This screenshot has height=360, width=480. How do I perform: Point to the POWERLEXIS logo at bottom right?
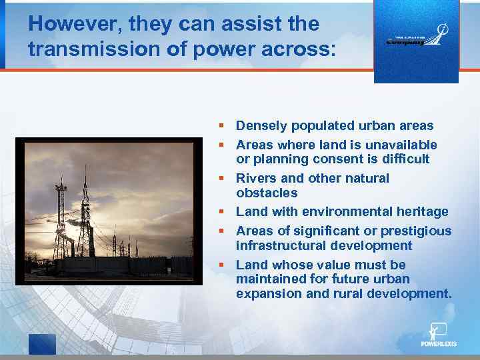click(x=439, y=335)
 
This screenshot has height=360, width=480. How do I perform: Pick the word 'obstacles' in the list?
click(x=267, y=193)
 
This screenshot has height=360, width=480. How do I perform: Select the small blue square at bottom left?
click(x=42, y=343)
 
